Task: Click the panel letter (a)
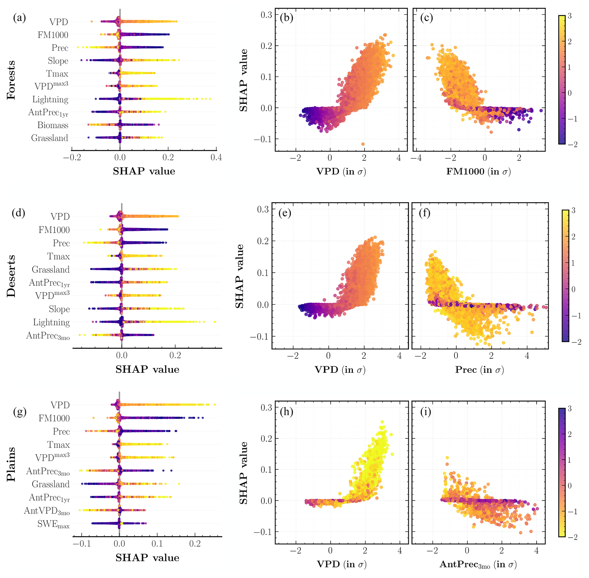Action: [19, 18]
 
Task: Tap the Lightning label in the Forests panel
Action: [50, 100]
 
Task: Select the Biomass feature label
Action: [53, 125]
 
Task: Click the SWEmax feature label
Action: [53, 524]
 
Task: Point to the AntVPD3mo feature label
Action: [47, 511]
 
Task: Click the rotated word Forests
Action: [11, 80]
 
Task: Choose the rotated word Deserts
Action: [11, 276]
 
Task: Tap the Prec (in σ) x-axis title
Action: [479, 370]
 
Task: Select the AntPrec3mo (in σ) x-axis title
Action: [478, 564]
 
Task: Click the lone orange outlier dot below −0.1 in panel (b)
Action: [363, 144]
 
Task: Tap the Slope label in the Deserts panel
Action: [59, 309]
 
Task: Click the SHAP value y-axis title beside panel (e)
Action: [239, 276]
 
